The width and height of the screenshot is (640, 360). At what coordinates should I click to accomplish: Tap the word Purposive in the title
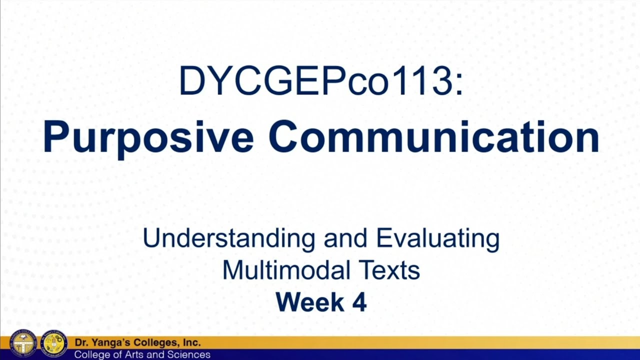[148, 137]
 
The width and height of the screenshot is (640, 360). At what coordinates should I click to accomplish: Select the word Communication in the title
[433, 137]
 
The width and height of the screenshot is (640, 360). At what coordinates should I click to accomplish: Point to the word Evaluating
[437, 238]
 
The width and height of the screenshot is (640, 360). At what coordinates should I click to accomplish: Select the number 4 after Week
[359, 302]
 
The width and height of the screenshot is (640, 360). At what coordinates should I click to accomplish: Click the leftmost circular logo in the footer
[23, 344]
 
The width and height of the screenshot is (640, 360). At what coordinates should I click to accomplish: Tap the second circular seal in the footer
[54, 344]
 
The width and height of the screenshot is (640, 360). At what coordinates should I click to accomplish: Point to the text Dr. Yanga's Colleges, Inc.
[137, 343]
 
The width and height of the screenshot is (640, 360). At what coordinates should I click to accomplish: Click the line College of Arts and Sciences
[142, 354]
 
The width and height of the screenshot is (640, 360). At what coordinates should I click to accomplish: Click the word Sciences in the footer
[192, 354]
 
